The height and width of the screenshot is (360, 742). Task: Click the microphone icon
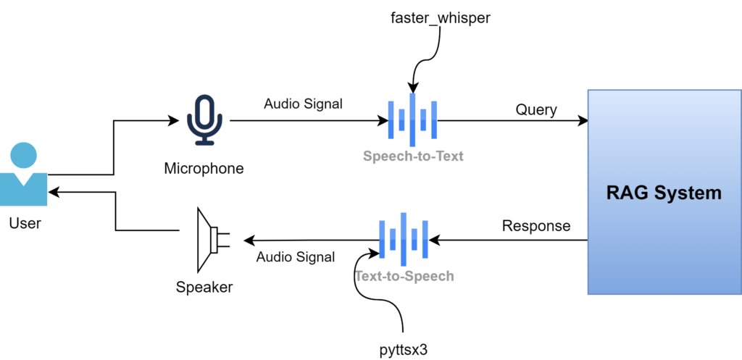click(x=204, y=119)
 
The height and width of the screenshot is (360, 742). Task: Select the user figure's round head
click(x=24, y=154)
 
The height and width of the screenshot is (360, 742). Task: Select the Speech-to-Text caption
click(x=413, y=156)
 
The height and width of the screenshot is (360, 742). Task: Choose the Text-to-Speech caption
click(x=404, y=276)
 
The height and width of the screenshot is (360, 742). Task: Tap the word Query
click(x=536, y=110)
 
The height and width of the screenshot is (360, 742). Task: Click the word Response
click(x=536, y=226)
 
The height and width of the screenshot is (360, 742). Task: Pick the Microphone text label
click(x=204, y=169)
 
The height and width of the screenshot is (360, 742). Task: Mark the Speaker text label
click(x=204, y=288)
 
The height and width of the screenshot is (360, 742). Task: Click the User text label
click(x=25, y=223)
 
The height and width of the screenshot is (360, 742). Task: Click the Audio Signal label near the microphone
click(x=303, y=104)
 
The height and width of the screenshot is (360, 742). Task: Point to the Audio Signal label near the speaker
click(x=296, y=256)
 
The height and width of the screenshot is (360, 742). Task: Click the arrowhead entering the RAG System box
click(x=583, y=121)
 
